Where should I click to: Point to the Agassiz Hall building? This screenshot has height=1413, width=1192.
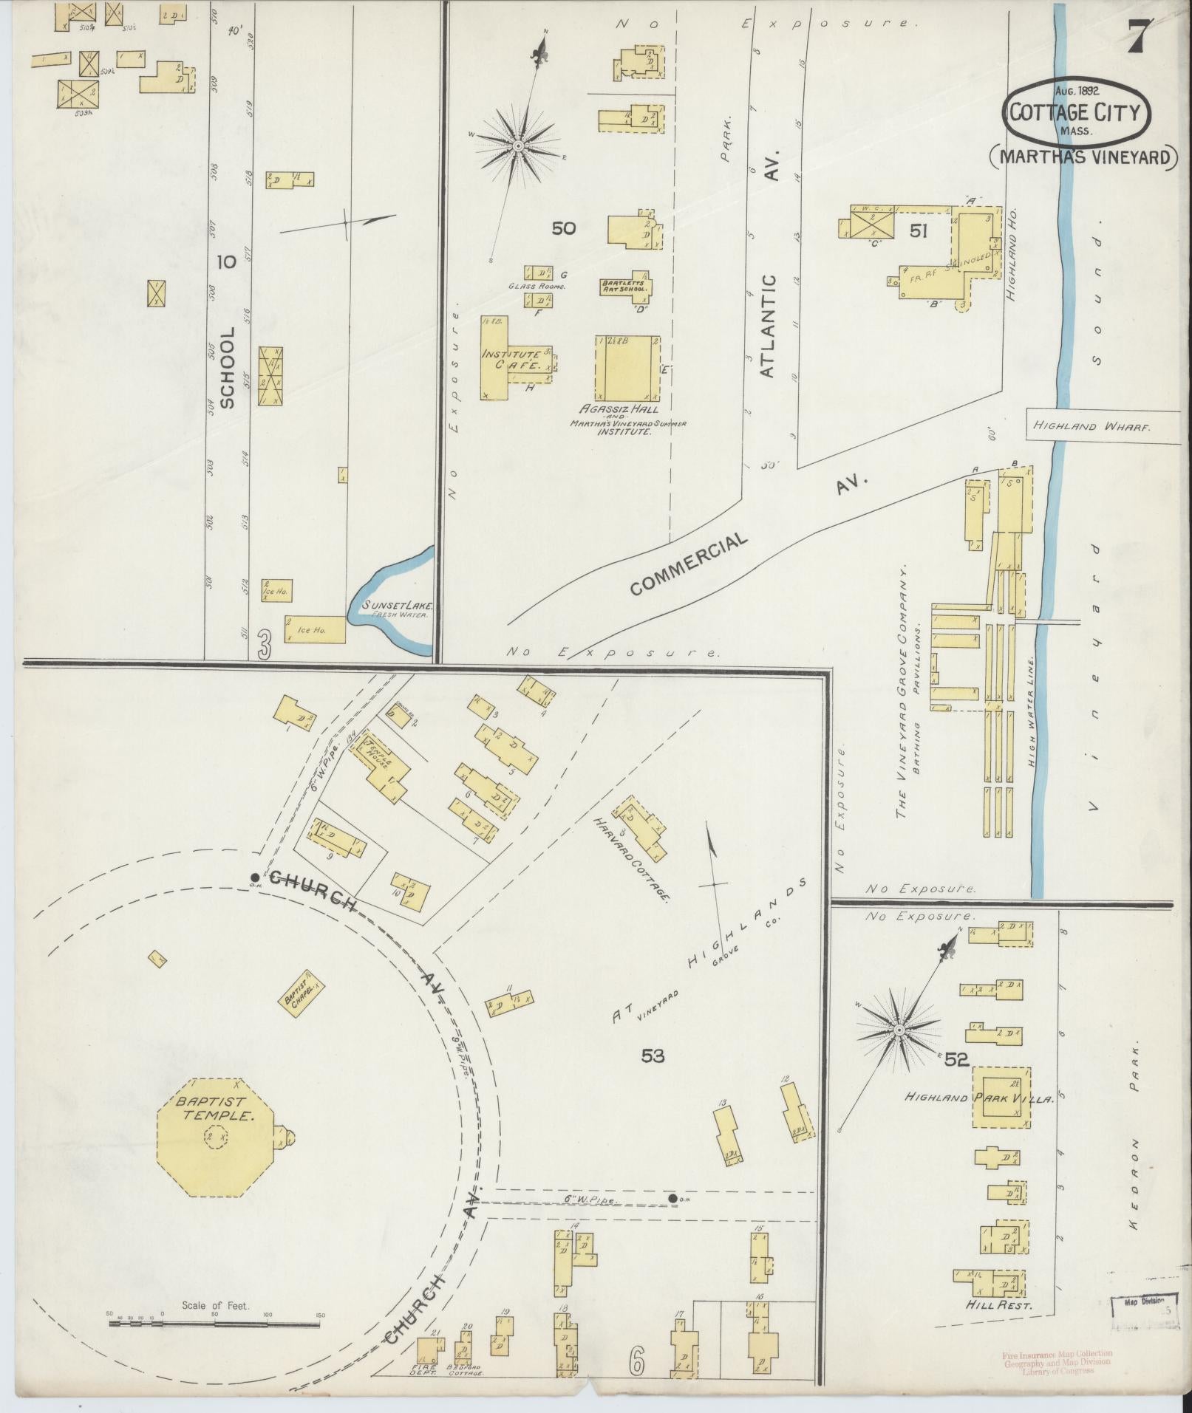pyautogui.click(x=627, y=369)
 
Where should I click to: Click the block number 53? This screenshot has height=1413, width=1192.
pyautogui.click(x=653, y=1056)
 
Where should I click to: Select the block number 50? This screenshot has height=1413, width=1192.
pyautogui.click(x=563, y=228)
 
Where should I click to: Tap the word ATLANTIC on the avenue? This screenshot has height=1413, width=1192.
pyautogui.click(x=768, y=326)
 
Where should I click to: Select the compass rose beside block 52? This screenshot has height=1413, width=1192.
pyautogui.click(x=899, y=1029)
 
